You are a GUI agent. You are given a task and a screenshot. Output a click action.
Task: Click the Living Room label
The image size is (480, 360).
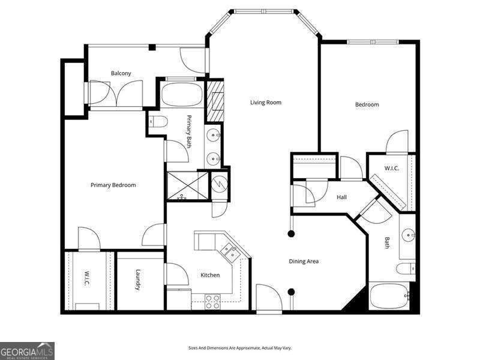pyautogui.click(x=265, y=102)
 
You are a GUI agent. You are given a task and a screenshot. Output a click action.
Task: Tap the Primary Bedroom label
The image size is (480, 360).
pyautogui.click(x=113, y=185)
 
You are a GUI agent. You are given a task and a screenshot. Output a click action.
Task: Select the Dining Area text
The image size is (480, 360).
pyautogui.click(x=304, y=262)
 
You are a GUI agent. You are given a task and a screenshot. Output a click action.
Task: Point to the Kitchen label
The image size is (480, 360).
pyautogui.click(x=210, y=275)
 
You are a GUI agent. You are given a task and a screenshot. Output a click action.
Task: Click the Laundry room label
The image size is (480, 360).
pyautogui.click(x=139, y=280)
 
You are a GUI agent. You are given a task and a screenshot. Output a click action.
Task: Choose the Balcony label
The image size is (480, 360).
pyautogui.click(x=121, y=73)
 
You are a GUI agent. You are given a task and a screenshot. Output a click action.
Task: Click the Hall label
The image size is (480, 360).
pyautogui.click(x=341, y=197)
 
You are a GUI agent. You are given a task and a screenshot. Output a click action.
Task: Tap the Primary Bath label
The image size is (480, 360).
pyautogui.click(x=189, y=131)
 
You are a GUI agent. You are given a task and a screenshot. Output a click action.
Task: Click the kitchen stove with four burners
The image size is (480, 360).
pyautogui.click(x=212, y=302)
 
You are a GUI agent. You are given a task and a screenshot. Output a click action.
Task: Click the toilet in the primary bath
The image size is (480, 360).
pyautogui.click(x=158, y=122)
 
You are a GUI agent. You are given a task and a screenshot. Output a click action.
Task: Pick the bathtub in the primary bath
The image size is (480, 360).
pyautogui.click(x=182, y=94)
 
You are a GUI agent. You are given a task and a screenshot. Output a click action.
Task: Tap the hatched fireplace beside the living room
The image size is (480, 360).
pyautogui.click(x=215, y=100)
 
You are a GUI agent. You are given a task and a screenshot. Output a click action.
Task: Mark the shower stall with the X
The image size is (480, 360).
pyautogui.click(x=187, y=186)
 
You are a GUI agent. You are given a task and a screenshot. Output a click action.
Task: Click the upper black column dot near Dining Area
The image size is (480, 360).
pyautogui.click(x=292, y=234)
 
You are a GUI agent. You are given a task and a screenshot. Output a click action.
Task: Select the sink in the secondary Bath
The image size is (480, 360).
pyautogui.click(x=409, y=235)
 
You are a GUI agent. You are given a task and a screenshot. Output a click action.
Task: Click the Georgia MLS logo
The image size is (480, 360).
pyautogui.click(x=27, y=351)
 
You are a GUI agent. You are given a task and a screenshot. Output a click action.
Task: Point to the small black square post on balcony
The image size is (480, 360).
pyautogui.click(x=152, y=47)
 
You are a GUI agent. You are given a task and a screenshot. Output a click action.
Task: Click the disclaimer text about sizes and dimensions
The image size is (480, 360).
pyautogui.click(x=239, y=348)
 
